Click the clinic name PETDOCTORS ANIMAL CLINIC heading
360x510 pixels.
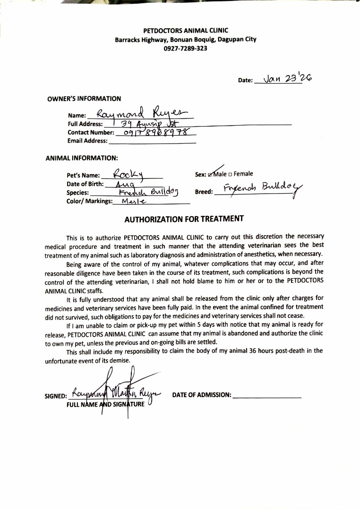186,31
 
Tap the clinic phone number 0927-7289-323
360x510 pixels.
186,48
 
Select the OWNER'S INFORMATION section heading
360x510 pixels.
84,99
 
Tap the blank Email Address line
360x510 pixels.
152,141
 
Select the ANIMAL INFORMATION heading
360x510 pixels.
82,158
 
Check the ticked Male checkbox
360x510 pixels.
211,174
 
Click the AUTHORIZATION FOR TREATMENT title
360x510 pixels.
184,219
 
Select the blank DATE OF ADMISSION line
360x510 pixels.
267,395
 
